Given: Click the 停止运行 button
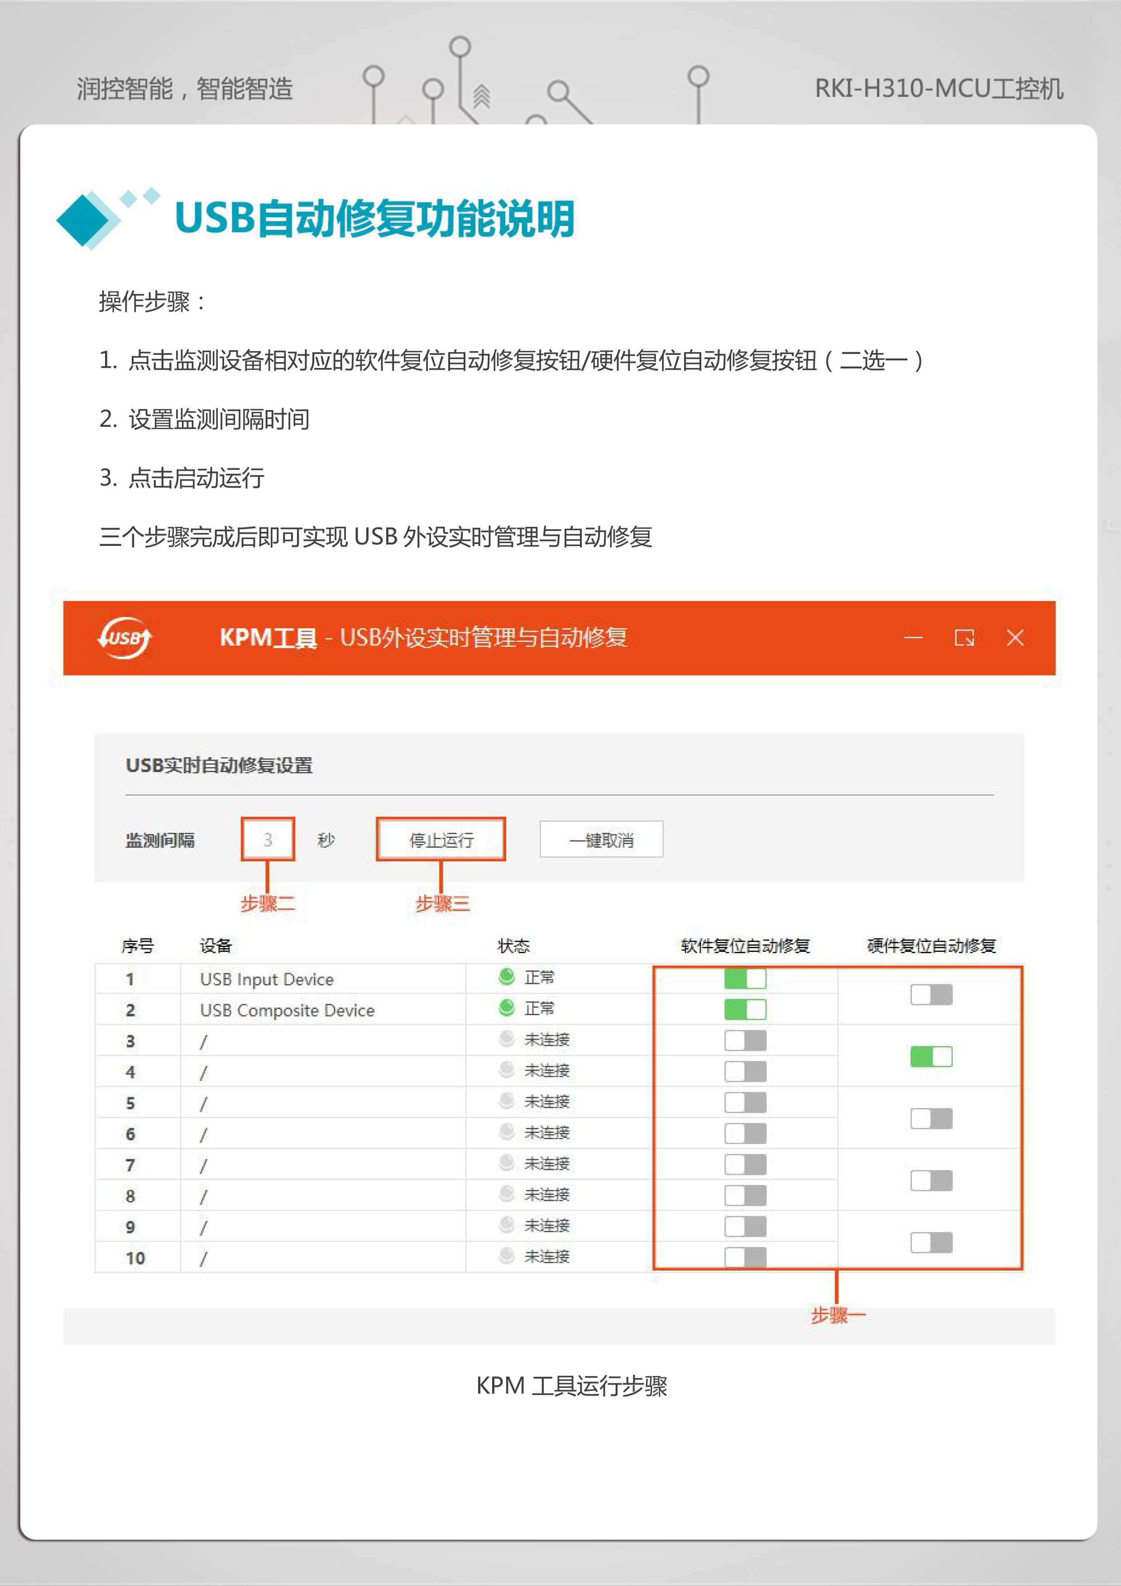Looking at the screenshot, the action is click(x=441, y=839).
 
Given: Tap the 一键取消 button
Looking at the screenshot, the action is click(x=601, y=839).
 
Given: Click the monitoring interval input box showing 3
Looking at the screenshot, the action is click(x=268, y=839).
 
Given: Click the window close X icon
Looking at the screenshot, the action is click(x=1015, y=638).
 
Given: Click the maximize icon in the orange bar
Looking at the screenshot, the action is click(x=964, y=638).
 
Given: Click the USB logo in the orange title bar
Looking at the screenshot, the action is click(x=125, y=638).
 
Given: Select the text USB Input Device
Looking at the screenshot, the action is click(x=267, y=979).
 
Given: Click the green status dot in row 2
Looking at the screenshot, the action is click(x=507, y=1008).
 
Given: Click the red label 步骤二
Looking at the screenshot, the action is click(x=268, y=903).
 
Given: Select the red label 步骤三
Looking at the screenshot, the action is click(x=442, y=903).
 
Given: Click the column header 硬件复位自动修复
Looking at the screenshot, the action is click(x=931, y=946).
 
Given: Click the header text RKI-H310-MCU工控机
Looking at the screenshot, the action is click(x=939, y=88).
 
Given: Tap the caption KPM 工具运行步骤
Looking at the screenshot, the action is click(x=571, y=1385).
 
